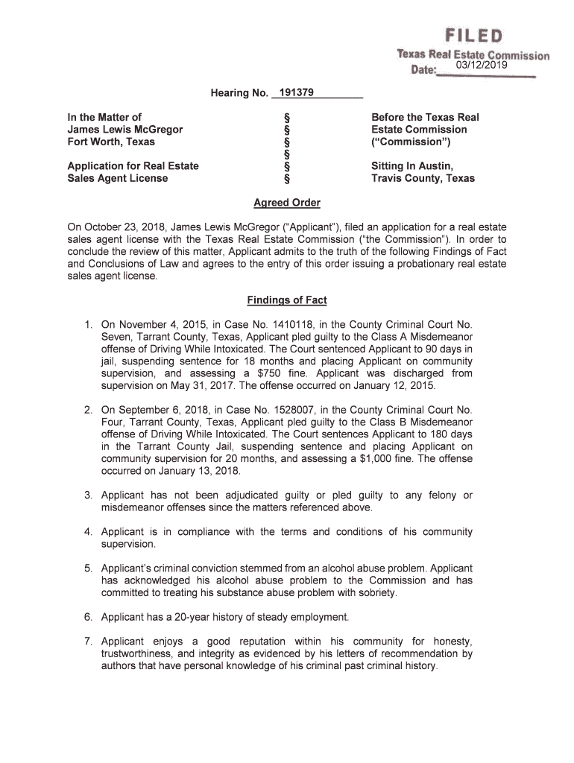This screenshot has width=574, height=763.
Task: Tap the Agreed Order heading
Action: pyautogui.click(x=287, y=203)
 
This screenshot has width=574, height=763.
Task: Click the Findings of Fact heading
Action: pyautogui.click(x=287, y=300)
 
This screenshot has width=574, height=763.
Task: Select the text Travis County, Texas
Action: pyautogui.click(x=423, y=178)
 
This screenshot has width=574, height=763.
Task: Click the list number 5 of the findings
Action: pyautogui.click(x=87, y=568)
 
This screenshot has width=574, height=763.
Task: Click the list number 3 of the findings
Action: pyautogui.click(x=87, y=496)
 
